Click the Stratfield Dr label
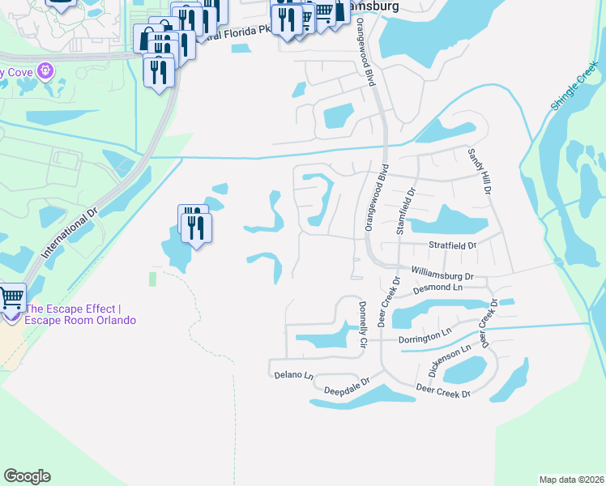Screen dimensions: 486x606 (452, 244)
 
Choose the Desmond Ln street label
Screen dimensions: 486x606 (437, 288)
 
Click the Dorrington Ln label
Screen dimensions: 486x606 (425, 335)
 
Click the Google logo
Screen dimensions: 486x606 (27, 476)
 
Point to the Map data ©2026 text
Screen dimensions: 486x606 (571, 480)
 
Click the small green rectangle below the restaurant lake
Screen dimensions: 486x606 (151, 279)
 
